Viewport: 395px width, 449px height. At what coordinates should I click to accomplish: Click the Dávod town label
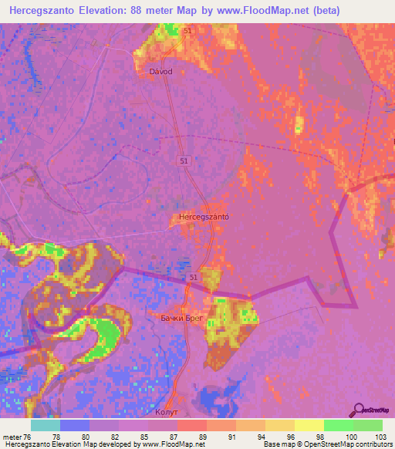click(160, 71)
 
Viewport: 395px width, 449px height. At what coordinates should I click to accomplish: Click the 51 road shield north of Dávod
click(189, 30)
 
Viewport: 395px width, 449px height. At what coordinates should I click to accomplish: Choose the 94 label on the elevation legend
click(252, 436)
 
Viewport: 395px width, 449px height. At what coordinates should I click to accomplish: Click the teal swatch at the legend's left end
click(46, 425)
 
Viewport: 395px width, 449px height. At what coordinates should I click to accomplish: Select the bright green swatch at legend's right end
click(368, 425)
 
